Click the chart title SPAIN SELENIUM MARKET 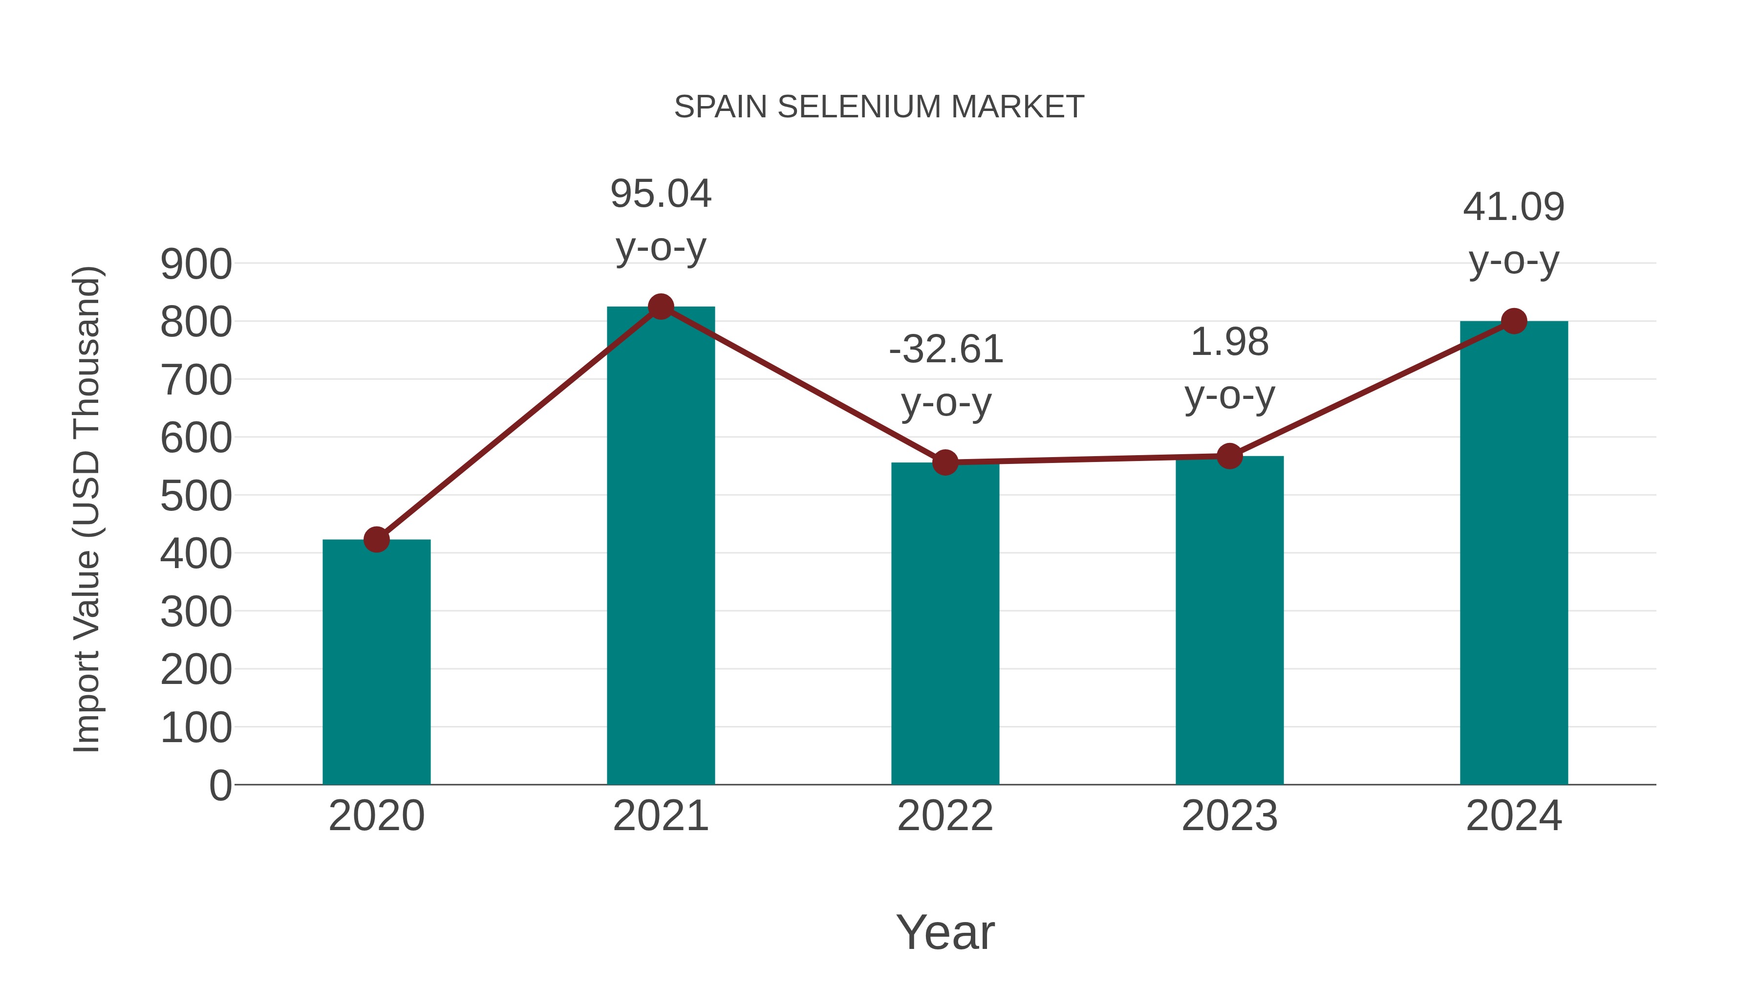(x=879, y=107)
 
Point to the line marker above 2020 (x=376, y=540)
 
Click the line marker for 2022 (x=945, y=462)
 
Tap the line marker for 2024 (x=1514, y=321)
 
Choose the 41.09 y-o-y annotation (x=1514, y=233)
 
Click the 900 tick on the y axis (x=196, y=264)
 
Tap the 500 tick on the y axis (x=196, y=496)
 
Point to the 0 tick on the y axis (x=220, y=785)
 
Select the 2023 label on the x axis (x=1229, y=816)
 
